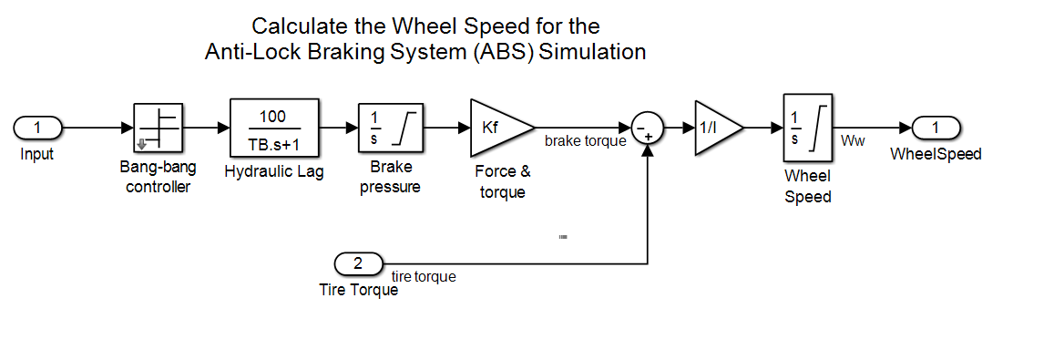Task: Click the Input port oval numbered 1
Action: tap(37, 127)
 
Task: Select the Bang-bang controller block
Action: tap(158, 128)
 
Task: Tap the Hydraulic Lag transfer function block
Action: tap(273, 128)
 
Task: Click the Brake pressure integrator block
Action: tap(391, 128)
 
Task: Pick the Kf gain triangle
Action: tap(497, 128)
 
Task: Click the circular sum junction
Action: tap(648, 128)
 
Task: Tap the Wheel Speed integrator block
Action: tap(808, 128)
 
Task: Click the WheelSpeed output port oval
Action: tap(936, 127)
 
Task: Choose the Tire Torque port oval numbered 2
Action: tap(358, 263)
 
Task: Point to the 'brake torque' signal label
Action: tap(586, 140)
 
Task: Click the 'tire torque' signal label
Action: tap(424, 276)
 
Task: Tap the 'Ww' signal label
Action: tap(852, 140)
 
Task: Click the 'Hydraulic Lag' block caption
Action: tap(274, 172)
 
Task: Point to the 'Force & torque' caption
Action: tap(503, 181)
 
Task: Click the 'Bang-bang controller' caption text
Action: tap(158, 178)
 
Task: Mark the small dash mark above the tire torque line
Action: tap(563, 237)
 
